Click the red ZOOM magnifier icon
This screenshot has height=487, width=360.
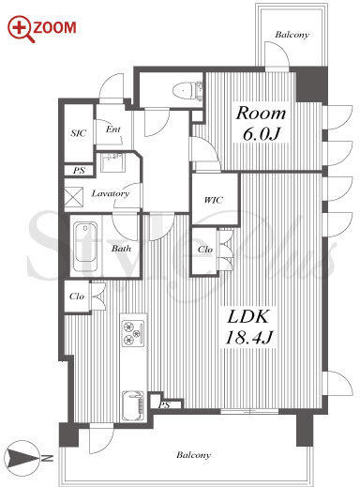[x=21, y=29]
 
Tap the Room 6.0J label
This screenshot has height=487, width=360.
[x=261, y=124]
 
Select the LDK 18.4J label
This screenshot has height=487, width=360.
[x=248, y=327]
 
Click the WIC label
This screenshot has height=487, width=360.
[x=214, y=200]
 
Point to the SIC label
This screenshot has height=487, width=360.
[x=78, y=133]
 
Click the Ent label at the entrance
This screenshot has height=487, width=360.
[x=112, y=129]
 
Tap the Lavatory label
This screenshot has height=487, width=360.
[x=110, y=193]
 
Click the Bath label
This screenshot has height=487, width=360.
[x=121, y=249]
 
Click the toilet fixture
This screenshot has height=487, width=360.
[x=187, y=90]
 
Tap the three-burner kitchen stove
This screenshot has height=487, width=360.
[x=134, y=333]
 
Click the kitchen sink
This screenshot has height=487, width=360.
[x=133, y=405]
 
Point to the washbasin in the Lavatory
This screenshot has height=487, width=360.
[x=112, y=162]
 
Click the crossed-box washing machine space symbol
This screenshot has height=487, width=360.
[x=74, y=197]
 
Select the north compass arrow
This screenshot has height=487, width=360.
[x=23, y=459]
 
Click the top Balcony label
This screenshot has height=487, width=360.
[x=292, y=35]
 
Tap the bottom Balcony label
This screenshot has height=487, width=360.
[x=193, y=454]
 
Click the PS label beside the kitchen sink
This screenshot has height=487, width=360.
[x=164, y=405]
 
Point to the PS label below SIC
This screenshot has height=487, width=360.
[x=79, y=171]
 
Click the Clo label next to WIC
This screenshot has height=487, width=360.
[x=204, y=250]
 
